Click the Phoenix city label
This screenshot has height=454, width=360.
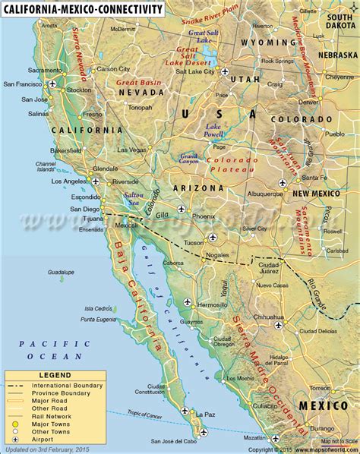point(204,216)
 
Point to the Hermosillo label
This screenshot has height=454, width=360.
point(212,304)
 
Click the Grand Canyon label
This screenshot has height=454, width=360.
point(189,159)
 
